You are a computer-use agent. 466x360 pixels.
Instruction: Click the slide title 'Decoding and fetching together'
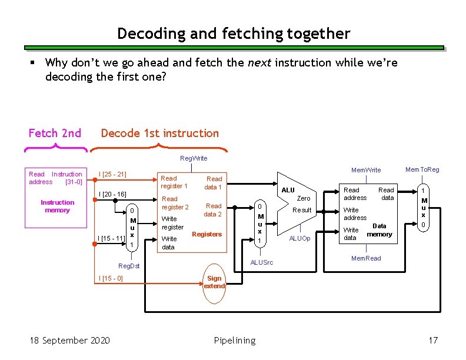pos(234,34)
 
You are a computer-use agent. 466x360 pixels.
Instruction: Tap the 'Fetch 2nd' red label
pos(55,133)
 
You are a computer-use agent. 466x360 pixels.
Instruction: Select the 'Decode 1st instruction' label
pos(159,134)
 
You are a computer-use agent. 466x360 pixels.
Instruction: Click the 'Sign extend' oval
pos(214,282)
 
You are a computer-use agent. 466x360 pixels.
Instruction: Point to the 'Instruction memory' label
pos(57,206)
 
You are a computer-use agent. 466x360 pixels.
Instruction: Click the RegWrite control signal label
pos(194,158)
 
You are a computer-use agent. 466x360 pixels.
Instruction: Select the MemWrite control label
pos(366,170)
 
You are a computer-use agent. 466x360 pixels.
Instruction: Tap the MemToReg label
pos(422,169)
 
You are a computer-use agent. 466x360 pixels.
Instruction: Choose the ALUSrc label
pos(261,262)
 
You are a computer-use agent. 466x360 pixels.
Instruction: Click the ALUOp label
pos(299,238)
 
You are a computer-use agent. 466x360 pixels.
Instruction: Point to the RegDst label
pos(129,266)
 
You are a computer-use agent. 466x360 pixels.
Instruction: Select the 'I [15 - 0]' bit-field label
pos(111,278)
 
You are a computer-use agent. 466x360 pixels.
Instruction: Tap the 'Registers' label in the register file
pos(207,234)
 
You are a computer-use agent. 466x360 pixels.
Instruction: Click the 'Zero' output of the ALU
pos(303,199)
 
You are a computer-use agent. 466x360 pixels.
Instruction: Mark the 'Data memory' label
pos(380,230)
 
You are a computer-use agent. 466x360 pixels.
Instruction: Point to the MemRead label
pos(366,258)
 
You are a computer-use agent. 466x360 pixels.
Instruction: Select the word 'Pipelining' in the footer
pos(235,340)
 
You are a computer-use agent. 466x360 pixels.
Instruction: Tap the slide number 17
pos(433,340)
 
